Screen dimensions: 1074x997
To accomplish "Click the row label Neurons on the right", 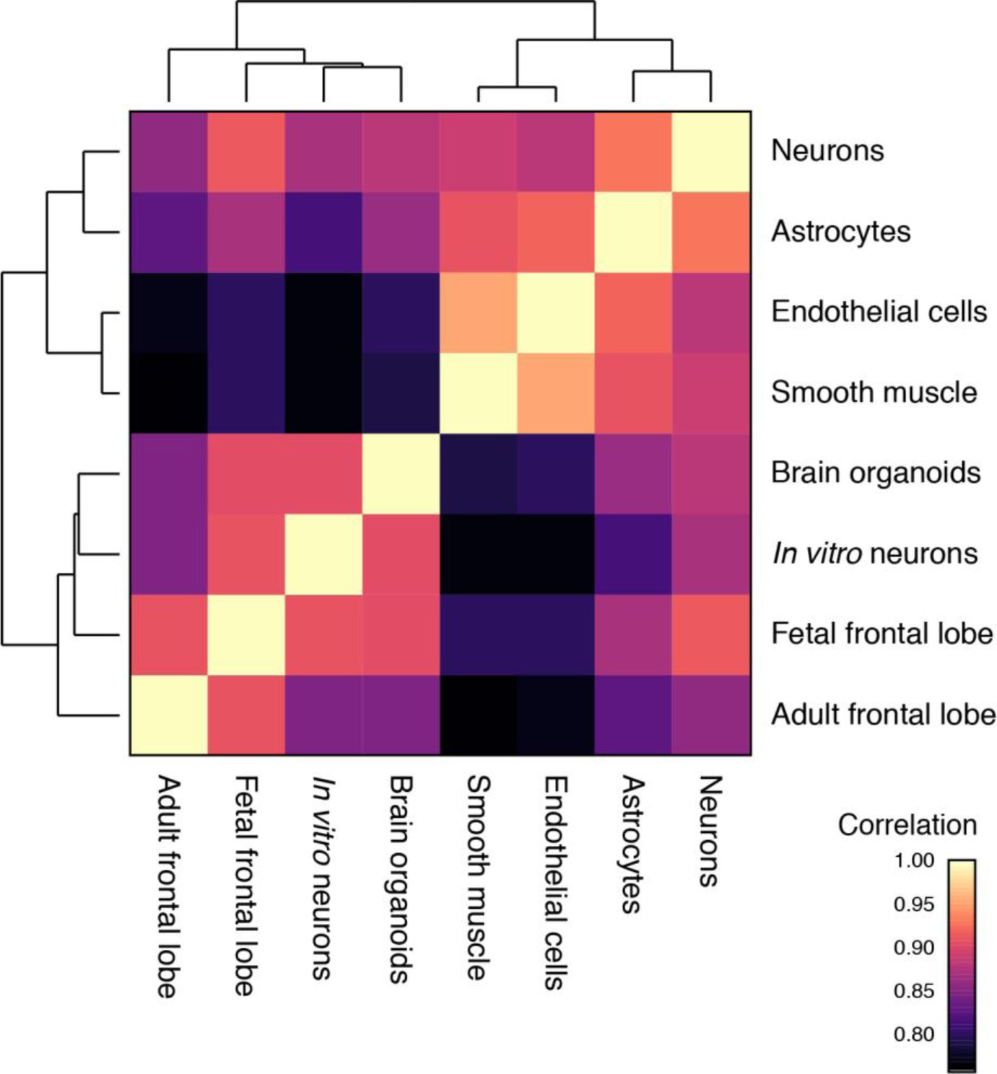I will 827,151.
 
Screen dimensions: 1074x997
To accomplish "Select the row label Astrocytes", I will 840,232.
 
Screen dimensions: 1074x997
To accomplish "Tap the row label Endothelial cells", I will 879,312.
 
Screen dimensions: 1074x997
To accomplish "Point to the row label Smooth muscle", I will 874,393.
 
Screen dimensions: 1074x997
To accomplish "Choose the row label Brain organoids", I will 876,473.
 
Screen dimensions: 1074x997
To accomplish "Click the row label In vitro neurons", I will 875,554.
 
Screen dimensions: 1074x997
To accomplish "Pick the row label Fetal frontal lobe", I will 882,634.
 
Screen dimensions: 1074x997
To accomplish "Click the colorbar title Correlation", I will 907,825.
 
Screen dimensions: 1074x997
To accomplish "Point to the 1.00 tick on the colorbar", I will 914,860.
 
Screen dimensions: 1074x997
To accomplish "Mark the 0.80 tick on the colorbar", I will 914,1034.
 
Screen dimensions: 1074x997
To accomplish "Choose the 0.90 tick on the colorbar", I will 914,947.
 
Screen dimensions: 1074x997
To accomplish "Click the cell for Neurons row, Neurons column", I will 711,152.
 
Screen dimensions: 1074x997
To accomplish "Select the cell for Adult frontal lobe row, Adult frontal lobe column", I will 169,715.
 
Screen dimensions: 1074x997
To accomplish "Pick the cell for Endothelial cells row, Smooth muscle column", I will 479,313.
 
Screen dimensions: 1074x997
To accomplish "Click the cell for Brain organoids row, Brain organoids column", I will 401,473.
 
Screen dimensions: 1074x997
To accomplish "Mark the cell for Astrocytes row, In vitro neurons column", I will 323,232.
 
